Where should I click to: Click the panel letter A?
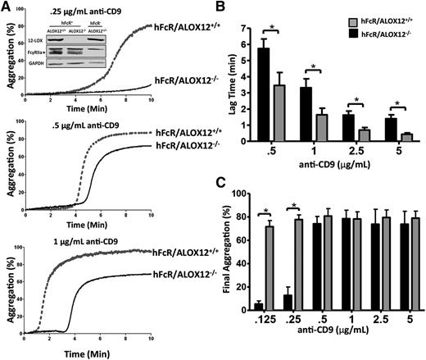point(7,7)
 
